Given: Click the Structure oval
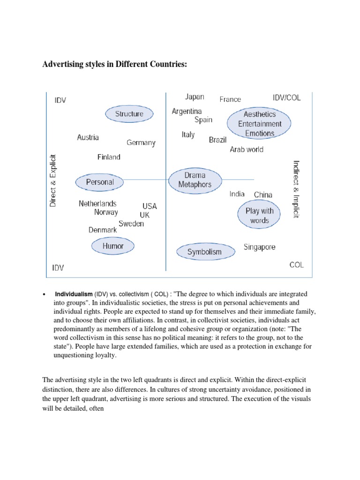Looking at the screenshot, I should point(129,114).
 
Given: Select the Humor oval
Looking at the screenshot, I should point(113,246).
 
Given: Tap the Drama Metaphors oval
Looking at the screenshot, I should point(195,180).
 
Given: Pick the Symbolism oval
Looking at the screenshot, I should point(204,252).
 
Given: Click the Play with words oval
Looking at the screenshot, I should point(259,215).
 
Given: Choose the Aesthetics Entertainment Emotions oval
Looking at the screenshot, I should point(259,124).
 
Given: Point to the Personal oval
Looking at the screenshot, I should point(100,182).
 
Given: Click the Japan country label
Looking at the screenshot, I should point(195,97).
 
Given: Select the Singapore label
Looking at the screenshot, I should point(259,247).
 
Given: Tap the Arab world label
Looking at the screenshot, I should point(247,150).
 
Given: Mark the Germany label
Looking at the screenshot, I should point(141,142).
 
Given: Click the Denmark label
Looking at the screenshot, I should point(103,230).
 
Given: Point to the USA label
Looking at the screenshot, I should point(150,206).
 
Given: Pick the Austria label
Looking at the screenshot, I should point(88,137).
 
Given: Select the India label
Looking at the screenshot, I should point(237,194).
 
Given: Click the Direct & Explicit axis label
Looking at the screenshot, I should point(52,180).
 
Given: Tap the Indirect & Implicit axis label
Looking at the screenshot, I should point(296,188).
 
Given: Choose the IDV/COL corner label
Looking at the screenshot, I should point(286,98).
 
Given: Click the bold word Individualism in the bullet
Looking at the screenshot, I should point(74,294).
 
